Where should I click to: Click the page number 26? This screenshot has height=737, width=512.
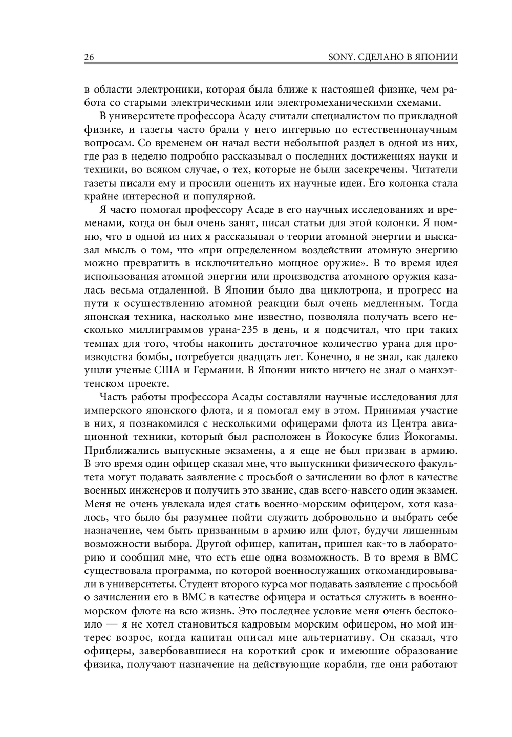coord(89,57)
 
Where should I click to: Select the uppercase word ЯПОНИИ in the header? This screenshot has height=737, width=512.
coord(438,57)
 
